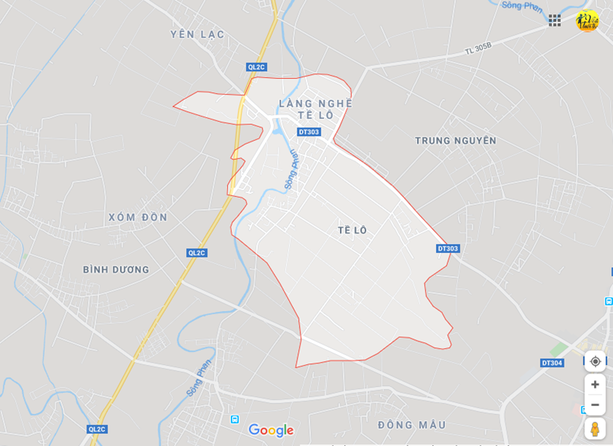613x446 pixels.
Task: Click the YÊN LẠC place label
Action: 198,34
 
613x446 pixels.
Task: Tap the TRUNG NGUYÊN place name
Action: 456,141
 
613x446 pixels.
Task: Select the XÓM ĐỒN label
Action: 138,217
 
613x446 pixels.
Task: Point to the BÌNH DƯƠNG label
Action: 116,270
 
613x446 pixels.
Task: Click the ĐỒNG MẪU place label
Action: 412,425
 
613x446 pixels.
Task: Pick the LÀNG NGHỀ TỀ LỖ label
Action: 316,109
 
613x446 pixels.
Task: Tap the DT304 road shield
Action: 552,363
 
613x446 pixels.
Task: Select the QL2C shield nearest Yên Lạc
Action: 257,67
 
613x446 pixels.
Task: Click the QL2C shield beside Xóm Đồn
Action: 197,253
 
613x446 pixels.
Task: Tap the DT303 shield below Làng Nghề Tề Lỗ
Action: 309,132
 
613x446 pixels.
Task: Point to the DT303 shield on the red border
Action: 448,248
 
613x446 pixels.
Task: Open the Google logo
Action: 271,431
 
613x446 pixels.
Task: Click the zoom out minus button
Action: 595,404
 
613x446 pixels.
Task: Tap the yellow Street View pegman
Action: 595,429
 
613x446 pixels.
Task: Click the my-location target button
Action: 595,361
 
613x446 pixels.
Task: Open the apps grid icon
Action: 555,20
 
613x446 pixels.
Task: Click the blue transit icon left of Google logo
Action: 235,419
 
